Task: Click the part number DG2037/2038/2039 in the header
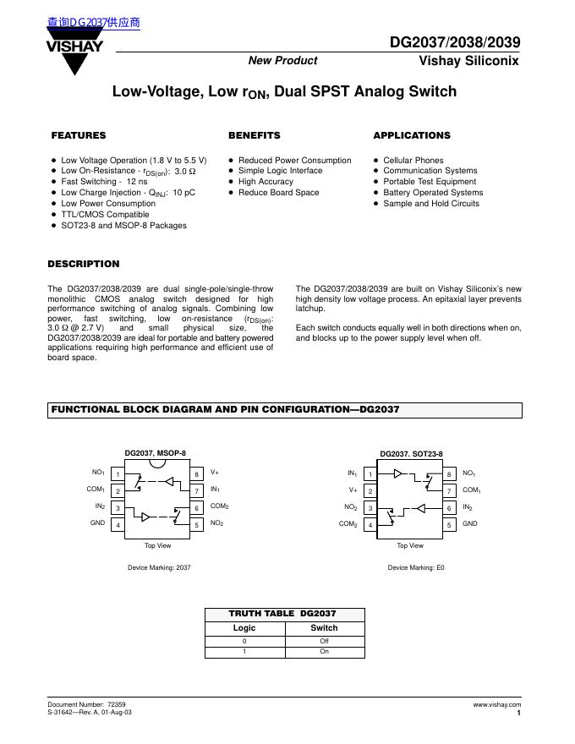pos(455,42)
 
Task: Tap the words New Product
pos(282,61)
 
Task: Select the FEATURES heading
pos(79,135)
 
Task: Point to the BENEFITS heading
pos(254,135)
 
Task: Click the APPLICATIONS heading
pos(412,135)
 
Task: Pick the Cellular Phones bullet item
pos(413,160)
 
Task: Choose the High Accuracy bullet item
pos(266,182)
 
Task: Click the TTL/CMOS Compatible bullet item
pos(105,215)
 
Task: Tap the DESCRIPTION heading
pos(84,264)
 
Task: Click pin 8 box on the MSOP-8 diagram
pos(197,474)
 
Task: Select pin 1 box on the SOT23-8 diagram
pos(370,474)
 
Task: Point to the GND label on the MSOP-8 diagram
pos(97,524)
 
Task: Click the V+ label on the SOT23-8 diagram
pos(353,490)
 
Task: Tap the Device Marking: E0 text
pos(416,567)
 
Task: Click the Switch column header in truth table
pos(324,628)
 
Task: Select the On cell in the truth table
pos(324,652)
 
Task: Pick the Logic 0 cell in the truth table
pos(244,641)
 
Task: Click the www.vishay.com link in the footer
pos(497,704)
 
